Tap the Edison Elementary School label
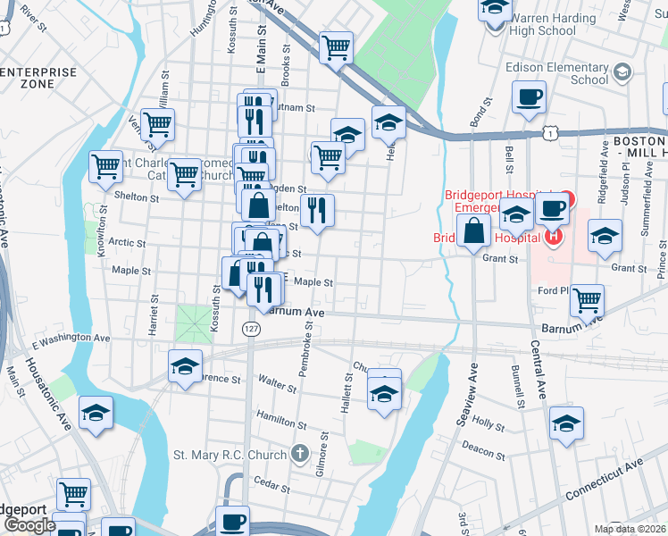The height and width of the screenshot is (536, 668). click(x=556, y=72)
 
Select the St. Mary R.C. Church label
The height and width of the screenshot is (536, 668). click(x=231, y=455)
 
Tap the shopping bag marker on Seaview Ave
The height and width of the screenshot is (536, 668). click(x=473, y=232)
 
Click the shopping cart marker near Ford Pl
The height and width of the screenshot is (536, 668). click(x=587, y=300)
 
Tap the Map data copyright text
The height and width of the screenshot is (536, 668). click(x=630, y=529)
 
